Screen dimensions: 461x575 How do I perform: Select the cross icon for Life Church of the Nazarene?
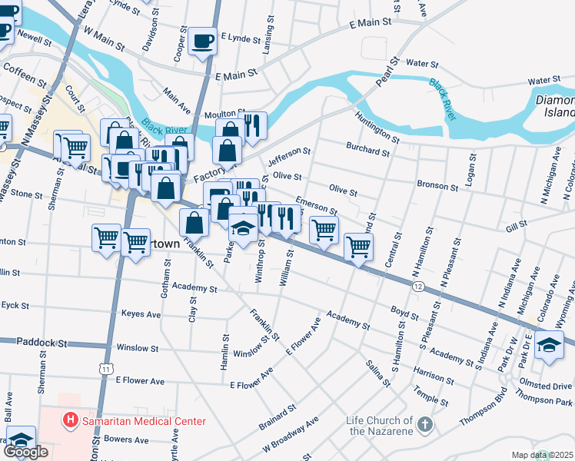[x=424, y=425]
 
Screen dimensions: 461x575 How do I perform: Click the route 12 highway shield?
[x=417, y=287]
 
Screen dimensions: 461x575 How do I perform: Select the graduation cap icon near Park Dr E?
[x=549, y=344]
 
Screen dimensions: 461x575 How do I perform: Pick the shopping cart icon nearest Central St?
[x=358, y=247]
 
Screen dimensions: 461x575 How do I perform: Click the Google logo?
[x=25, y=452]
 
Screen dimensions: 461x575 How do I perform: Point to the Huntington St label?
[x=377, y=127]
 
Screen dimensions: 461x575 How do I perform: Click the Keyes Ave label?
[x=141, y=314]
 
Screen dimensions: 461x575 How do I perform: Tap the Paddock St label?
[x=43, y=343]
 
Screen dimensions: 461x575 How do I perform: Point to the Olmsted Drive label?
[x=545, y=386]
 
